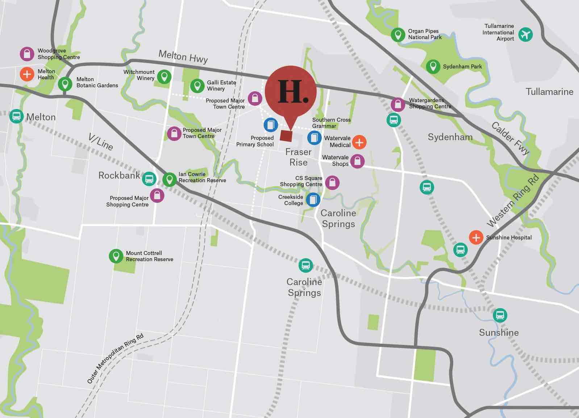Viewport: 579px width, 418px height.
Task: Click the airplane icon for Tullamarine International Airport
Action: tap(525, 34)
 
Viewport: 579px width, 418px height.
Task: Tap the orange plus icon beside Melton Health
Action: tap(27, 74)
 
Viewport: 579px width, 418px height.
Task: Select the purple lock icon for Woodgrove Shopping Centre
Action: tap(27, 54)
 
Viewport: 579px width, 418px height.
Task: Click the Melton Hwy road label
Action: tap(183, 57)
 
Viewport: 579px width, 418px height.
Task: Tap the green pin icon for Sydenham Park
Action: tap(433, 66)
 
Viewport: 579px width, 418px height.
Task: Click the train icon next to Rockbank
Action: tap(149, 179)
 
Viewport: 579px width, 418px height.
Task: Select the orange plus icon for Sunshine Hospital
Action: tap(476, 238)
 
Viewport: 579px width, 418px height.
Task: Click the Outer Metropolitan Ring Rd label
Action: tap(115, 358)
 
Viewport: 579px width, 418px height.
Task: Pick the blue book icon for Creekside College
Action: tap(313, 200)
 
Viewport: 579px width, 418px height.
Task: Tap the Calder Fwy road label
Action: tap(511, 138)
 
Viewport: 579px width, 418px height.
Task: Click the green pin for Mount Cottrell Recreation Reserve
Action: tap(116, 256)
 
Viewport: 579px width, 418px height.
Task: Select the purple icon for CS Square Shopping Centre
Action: tap(332, 183)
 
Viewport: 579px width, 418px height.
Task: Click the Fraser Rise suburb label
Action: tap(298, 157)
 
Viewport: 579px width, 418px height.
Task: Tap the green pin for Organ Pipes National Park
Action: tap(398, 35)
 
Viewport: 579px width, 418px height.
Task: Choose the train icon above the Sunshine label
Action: tap(500, 315)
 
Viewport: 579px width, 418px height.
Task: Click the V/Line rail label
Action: tap(101, 142)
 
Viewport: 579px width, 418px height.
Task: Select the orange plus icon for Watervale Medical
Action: tap(359, 142)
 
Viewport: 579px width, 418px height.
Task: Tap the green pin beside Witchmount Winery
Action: tap(164, 76)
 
